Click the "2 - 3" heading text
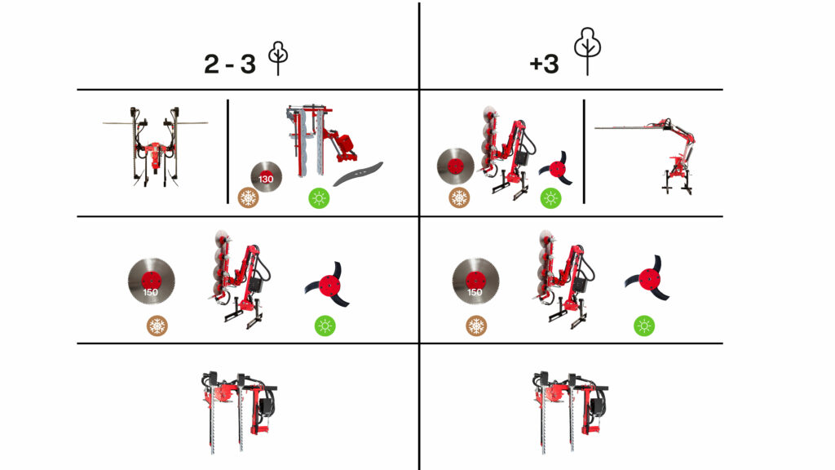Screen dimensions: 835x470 pyautogui.click(x=230, y=64)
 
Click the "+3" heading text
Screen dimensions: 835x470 pyautogui.click(x=544, y=64)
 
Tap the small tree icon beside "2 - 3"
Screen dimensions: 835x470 pyautogui.click(x=278, y=58)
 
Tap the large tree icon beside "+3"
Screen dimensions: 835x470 pyautogui.click(x=587, y=51)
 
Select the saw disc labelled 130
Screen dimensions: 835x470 pyautogui.click(x=267, y=177)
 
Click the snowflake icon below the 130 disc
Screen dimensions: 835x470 pyautogui.click(x=248, y=198)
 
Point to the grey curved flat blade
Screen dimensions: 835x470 pyautogui.click(x=358, y=174)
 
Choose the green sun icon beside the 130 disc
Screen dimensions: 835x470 pyautogui.click(x=319, y=198)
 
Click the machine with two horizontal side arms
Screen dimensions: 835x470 pyautogui.click(x=154, y=147)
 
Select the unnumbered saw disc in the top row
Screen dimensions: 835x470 pyautogui.click(x=455, y=166)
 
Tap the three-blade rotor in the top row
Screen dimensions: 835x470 pyautogui.click(x=556, y=168)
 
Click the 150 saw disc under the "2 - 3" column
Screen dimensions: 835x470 pyautogui.click(x=151, y=282)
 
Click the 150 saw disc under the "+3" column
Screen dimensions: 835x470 pyautogui.click(x=475, y=282)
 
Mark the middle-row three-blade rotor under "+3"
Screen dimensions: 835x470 pyautogui.click(x=648, y=279)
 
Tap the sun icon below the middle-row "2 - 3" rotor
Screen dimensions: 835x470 pyautogui.click(x=325, y=326)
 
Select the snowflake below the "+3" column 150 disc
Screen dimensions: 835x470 pyautogui.click(x=476, y=326)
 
